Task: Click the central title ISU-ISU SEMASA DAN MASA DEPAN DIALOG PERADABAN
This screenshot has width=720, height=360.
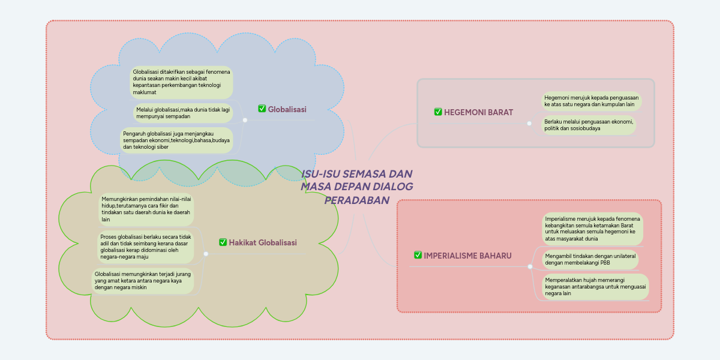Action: tap(357, 187)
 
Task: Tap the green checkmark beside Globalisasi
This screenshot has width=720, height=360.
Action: tap(262, 109)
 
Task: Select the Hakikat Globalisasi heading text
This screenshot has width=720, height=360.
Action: tap(263, 242)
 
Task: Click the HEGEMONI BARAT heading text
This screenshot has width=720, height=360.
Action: tap(478, 112)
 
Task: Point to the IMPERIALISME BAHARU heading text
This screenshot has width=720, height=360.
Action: tap(467, 256)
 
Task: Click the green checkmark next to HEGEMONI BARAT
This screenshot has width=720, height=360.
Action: tap(438, 112)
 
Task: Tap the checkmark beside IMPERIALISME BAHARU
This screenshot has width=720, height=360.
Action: tap(418, 255)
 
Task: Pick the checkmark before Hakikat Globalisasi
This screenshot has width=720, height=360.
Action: tap(223, 242)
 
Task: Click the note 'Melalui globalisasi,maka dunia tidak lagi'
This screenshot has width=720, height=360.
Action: tap(182, 113)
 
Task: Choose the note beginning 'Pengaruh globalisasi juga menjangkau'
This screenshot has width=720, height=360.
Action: tap(176, 140)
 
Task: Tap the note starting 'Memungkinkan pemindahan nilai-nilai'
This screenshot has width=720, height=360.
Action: tap(146, 209)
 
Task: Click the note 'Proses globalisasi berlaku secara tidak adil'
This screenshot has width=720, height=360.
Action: tap(146, 247)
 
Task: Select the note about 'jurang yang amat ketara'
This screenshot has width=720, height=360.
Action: tap(143, 281)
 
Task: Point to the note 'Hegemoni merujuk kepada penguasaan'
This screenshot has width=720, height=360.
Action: tap(590, 101)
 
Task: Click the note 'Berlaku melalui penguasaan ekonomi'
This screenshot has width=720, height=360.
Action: tap(589, 125)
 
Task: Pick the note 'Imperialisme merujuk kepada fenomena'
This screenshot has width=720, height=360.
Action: tap(592, 228)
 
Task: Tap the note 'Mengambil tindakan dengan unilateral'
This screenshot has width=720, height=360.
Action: tap(590, 259)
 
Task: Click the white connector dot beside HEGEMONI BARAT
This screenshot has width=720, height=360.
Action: tap(529, 123)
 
